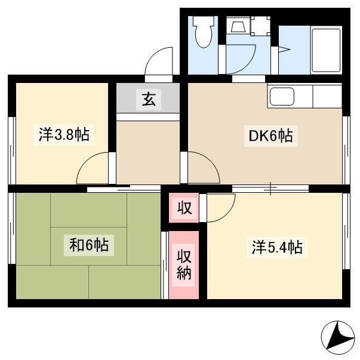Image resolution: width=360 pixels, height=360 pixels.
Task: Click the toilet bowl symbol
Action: pos(204,32)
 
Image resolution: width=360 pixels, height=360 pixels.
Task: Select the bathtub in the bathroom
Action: pos(326,50)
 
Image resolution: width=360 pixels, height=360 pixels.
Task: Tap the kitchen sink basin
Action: pos(282,97)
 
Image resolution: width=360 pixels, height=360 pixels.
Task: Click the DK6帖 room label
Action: pos(271,136)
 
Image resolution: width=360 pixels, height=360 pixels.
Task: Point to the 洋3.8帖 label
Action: pos(64,134)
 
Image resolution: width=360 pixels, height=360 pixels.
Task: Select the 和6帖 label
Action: pos(89,245)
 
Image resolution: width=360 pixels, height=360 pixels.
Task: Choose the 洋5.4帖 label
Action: pos(277,247)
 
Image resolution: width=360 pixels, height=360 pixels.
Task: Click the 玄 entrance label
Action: pos(149,100)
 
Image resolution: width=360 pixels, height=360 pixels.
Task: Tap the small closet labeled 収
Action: pos(184,208)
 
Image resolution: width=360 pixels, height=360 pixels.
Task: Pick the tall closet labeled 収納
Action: pos(184,265)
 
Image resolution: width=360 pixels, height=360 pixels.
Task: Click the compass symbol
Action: pos(338,338)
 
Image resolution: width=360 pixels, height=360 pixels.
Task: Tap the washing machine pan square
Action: pos(260,26)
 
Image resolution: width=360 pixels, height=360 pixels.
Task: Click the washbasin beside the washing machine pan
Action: pos(238,25)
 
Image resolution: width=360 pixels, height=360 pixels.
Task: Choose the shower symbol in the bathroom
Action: pos(284,50)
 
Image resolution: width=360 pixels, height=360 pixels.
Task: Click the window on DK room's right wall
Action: pos(346,150)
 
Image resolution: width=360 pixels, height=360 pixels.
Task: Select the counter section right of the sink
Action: pos(327,97)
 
